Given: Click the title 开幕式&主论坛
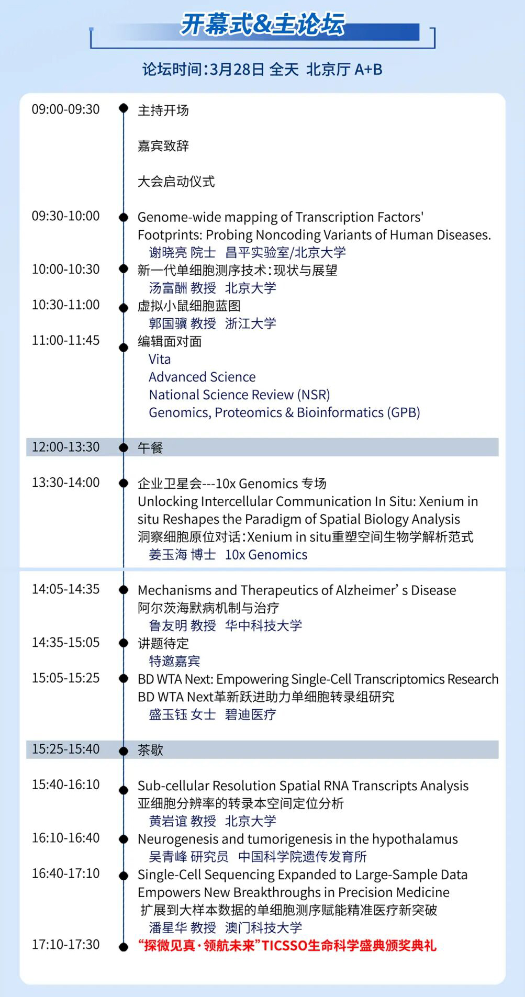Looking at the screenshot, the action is point(263,25).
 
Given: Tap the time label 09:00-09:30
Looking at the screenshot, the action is point(65,109).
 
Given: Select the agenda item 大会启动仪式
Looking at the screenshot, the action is point(176,182).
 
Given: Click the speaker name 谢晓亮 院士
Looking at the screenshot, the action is point(182,253).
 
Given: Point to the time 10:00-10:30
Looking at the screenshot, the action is point(65,270).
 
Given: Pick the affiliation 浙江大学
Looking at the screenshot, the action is point(250,324).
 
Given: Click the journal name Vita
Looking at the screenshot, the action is point(160,360).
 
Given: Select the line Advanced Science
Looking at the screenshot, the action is point(202,377).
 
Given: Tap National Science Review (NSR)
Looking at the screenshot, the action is point(239,395).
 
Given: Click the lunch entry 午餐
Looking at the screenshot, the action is point(150,448).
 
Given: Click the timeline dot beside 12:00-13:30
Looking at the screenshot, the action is point(124,447).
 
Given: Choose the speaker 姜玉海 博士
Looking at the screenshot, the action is point(182,555).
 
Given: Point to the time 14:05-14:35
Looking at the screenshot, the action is point(65,589).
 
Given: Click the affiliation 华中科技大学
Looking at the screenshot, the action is point(263,626).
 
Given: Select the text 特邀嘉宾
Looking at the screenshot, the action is point(174,662).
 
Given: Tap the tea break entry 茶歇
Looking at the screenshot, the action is point(150,750).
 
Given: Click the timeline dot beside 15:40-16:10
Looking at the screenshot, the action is point(124,790).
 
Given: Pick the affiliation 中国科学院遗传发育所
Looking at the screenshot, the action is point(302,857).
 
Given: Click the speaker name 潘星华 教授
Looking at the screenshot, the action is point(182,928).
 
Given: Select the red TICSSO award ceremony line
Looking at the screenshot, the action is point(287,946).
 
